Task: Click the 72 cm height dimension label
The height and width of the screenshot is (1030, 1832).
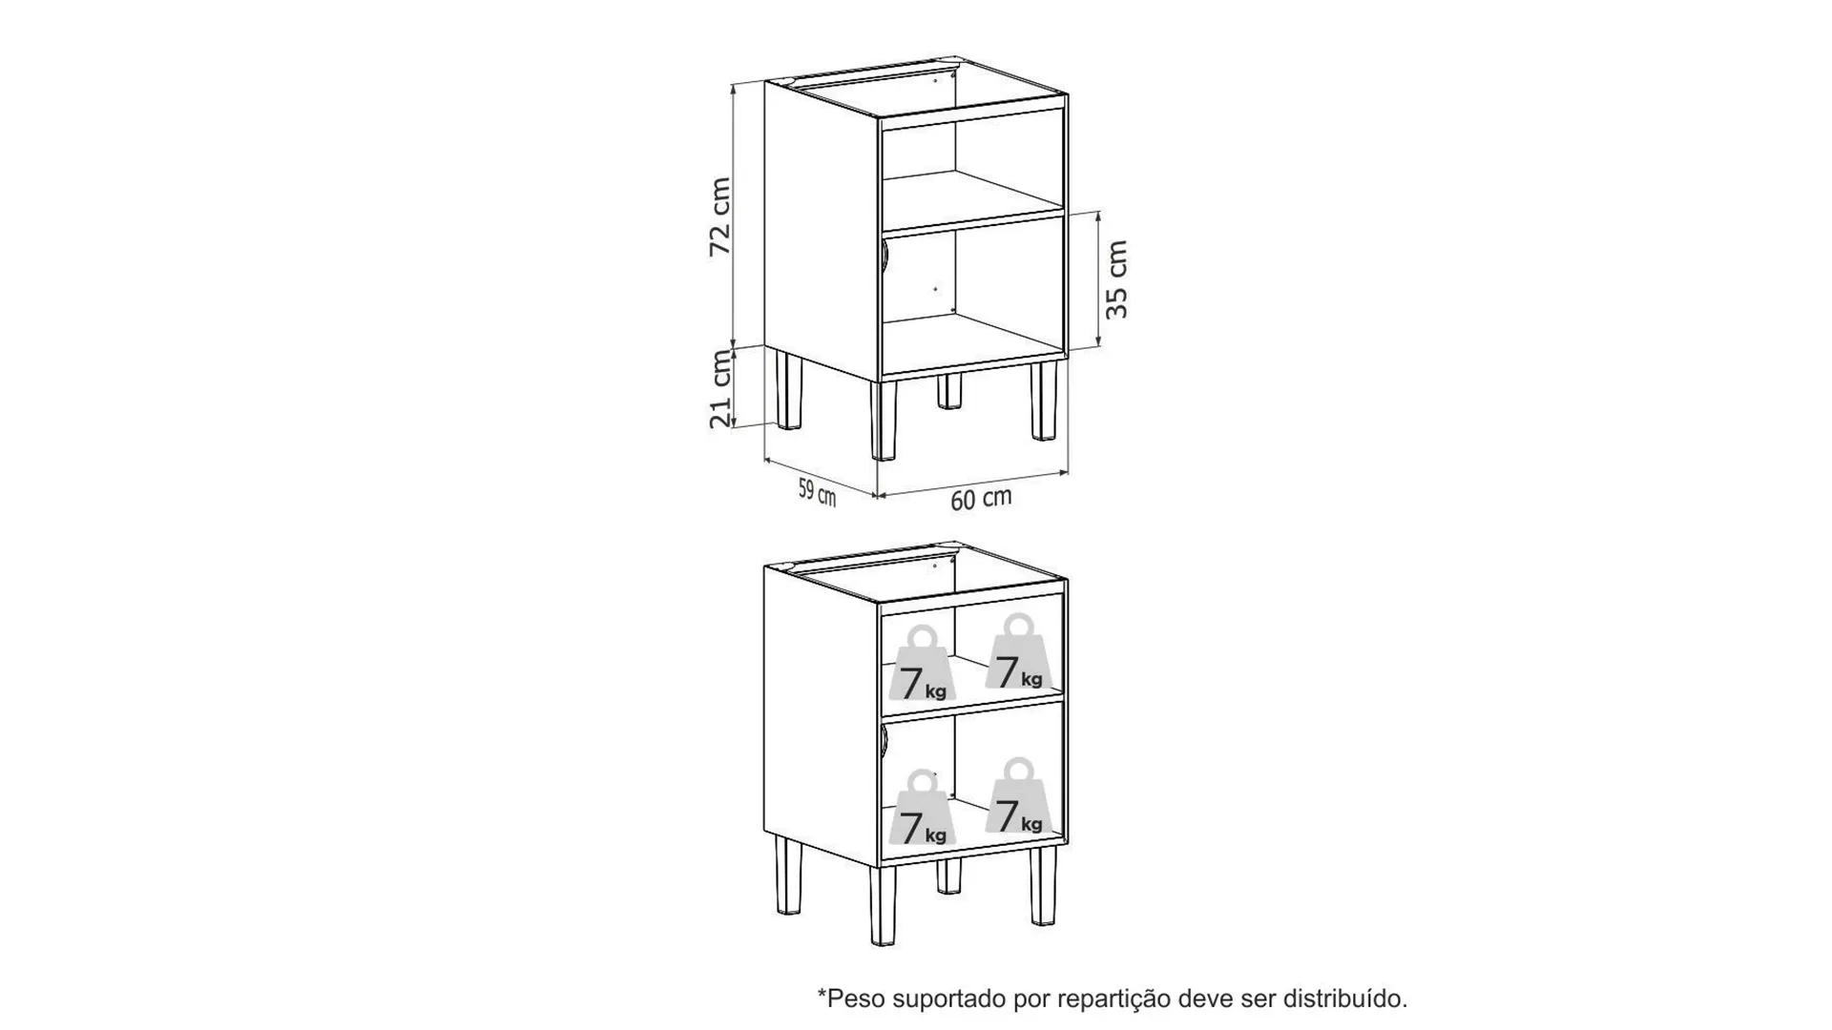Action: tap(720, 216)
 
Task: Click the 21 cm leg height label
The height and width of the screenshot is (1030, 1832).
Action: tap(720, 389)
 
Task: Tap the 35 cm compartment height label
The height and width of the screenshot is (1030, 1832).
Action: tap(1116, 279)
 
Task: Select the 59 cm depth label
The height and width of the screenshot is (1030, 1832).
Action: tap(817, 492)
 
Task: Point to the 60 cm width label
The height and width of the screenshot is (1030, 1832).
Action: tap(981, 499)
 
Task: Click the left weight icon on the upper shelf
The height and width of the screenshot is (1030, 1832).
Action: tap(923, 664)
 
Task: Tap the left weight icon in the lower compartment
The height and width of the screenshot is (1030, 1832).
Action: tap(923, 809)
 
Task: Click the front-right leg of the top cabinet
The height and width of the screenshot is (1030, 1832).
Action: tap(1044, 401)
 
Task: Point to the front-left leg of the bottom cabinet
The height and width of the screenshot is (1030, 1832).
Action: tap(885, 905)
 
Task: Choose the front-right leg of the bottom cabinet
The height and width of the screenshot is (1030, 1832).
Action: tap(1044, 885)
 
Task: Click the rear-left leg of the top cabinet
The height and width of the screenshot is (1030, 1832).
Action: tap(789, 390)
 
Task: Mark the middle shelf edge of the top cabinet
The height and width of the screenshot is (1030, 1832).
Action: tap(971, 223)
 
